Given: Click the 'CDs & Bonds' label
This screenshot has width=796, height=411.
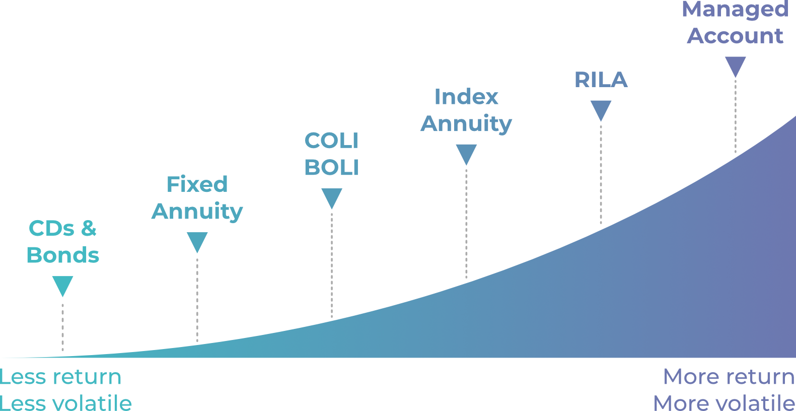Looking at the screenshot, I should pos(62,242).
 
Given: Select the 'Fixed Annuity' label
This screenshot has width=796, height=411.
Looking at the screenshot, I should pos(197,198).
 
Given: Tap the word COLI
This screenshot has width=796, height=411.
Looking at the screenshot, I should pos(331,141).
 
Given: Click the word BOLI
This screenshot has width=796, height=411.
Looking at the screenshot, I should pos(331,168).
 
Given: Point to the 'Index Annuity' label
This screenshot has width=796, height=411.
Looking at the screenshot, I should pos(466,110).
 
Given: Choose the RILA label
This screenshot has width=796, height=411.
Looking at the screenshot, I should pos(601,80).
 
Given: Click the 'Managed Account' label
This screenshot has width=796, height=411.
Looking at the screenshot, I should pos(735,23).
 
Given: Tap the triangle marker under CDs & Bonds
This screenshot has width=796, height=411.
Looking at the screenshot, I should pos(62,285).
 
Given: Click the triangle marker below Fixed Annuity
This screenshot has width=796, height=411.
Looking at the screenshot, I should pos(197,241).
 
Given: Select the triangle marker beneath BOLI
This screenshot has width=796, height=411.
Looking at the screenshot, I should pos(332,197).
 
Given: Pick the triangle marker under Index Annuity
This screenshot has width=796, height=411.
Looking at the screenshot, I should pos(466,154).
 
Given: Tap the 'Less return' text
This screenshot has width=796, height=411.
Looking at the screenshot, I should pos(60,377).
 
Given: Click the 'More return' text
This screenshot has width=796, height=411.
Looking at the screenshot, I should pos(729,377).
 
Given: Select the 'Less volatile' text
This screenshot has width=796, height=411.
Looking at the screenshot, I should pos(65,403).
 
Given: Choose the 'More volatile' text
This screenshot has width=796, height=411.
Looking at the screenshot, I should pos(724,403).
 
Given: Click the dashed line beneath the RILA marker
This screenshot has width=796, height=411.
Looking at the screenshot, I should pos(601,174).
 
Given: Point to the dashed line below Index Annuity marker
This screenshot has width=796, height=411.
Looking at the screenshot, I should pos(466,224).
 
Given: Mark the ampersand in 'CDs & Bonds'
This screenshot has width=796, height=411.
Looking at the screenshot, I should pos(89,229).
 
